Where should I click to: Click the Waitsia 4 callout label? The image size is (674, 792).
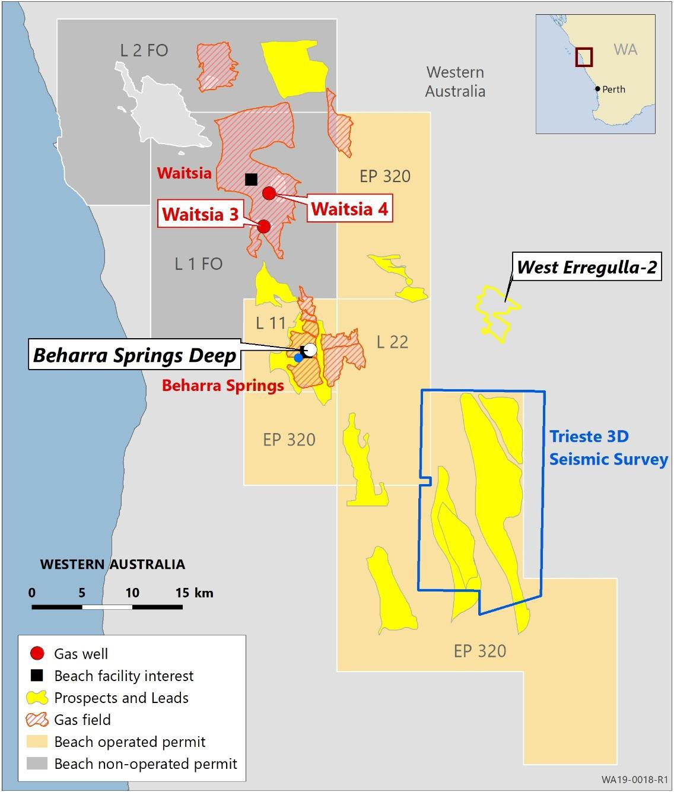[x=349, y=209]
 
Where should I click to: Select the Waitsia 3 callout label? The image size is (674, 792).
[x=200, y=214]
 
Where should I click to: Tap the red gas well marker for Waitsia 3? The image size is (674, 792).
[x=264, y=226]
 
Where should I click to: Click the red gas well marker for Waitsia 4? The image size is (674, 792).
[x=269, y=193]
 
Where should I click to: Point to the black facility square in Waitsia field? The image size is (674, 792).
[x=251, y=179]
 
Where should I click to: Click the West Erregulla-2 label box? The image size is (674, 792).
[x=587, y=267]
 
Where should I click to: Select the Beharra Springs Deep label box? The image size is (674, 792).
[x=135, y=355]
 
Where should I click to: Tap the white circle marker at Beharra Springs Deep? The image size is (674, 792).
[x=310, y=349]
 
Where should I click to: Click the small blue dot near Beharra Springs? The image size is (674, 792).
[x=298, y=358]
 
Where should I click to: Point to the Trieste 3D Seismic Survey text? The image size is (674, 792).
[x=608, y=448]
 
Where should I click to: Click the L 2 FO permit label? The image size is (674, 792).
[x=144, y=50]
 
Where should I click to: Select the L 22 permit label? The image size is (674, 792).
[x=392, y=342]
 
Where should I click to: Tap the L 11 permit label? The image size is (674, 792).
[x=271, y=323]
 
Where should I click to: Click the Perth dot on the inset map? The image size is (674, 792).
[x=597, y=89]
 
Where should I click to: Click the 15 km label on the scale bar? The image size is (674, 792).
[x=194, y=593]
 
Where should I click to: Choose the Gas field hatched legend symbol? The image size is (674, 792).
[x=37, y=720]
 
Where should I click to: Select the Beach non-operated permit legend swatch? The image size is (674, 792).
[x=37, y=764]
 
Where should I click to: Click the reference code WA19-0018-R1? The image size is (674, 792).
[x=635, y=779]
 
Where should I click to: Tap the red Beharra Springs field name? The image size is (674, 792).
[x=222, y=386]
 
